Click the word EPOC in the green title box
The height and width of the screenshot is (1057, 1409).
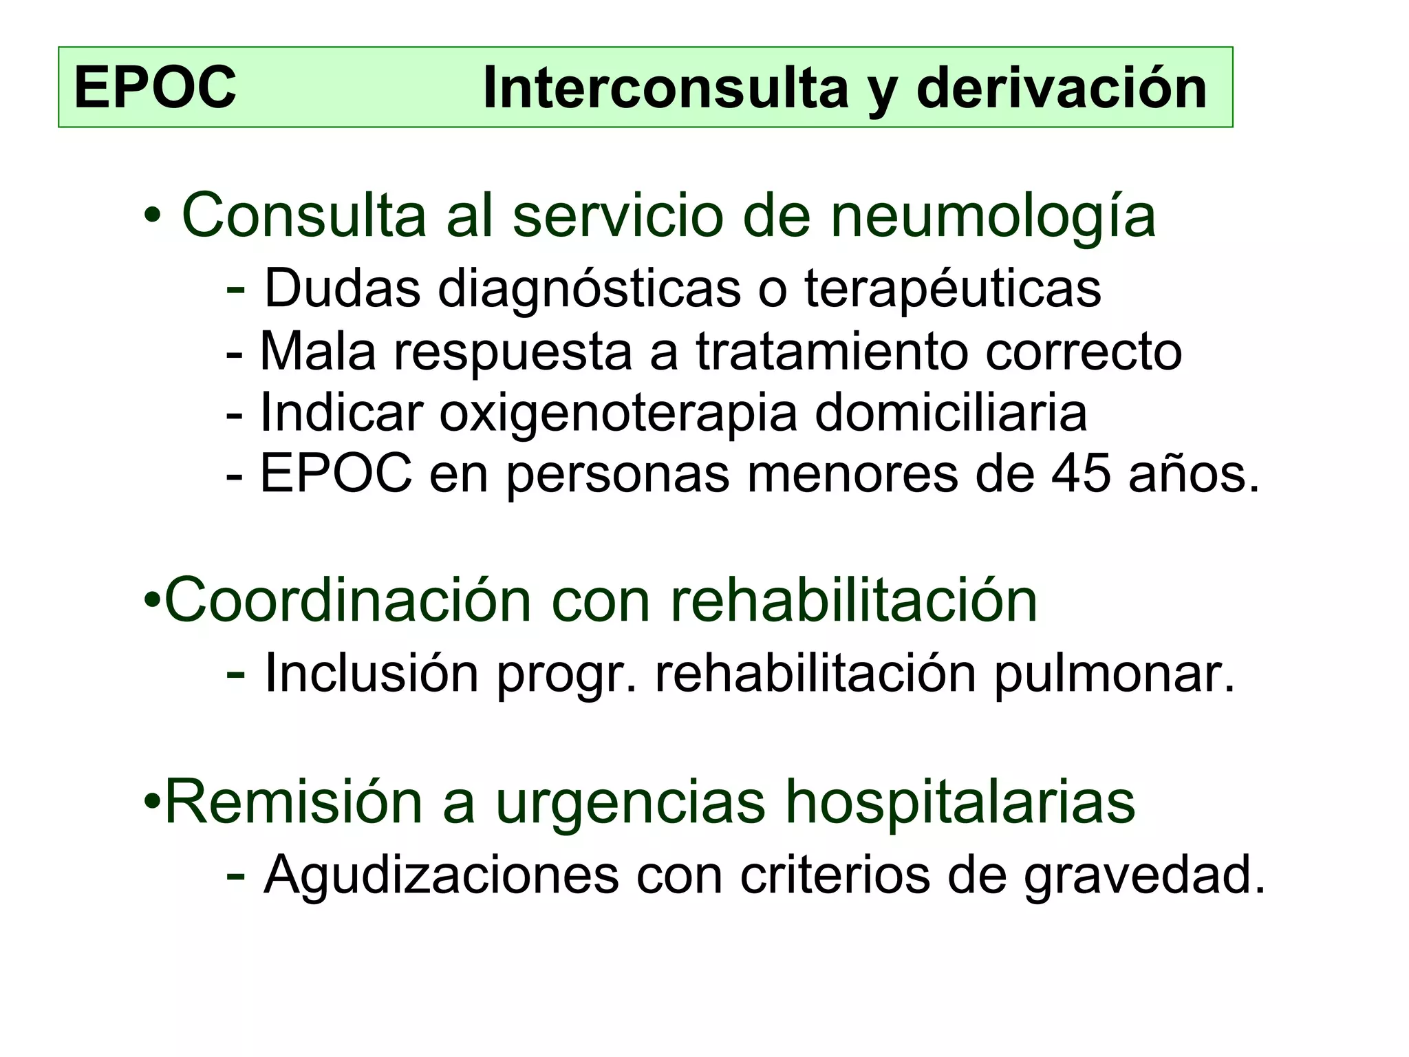(155, 87)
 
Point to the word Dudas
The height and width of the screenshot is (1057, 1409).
(342, 288)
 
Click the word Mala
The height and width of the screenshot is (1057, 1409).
(318, 352)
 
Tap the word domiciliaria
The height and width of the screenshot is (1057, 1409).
(951, 413)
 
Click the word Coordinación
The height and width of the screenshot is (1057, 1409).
(348, 601)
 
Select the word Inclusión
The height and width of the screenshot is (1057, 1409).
(372, 673)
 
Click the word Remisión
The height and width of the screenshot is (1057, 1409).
(294, 802)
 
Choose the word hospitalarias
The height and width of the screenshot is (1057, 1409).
(960, 802)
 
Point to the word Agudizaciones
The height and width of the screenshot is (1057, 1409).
(441, 875)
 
